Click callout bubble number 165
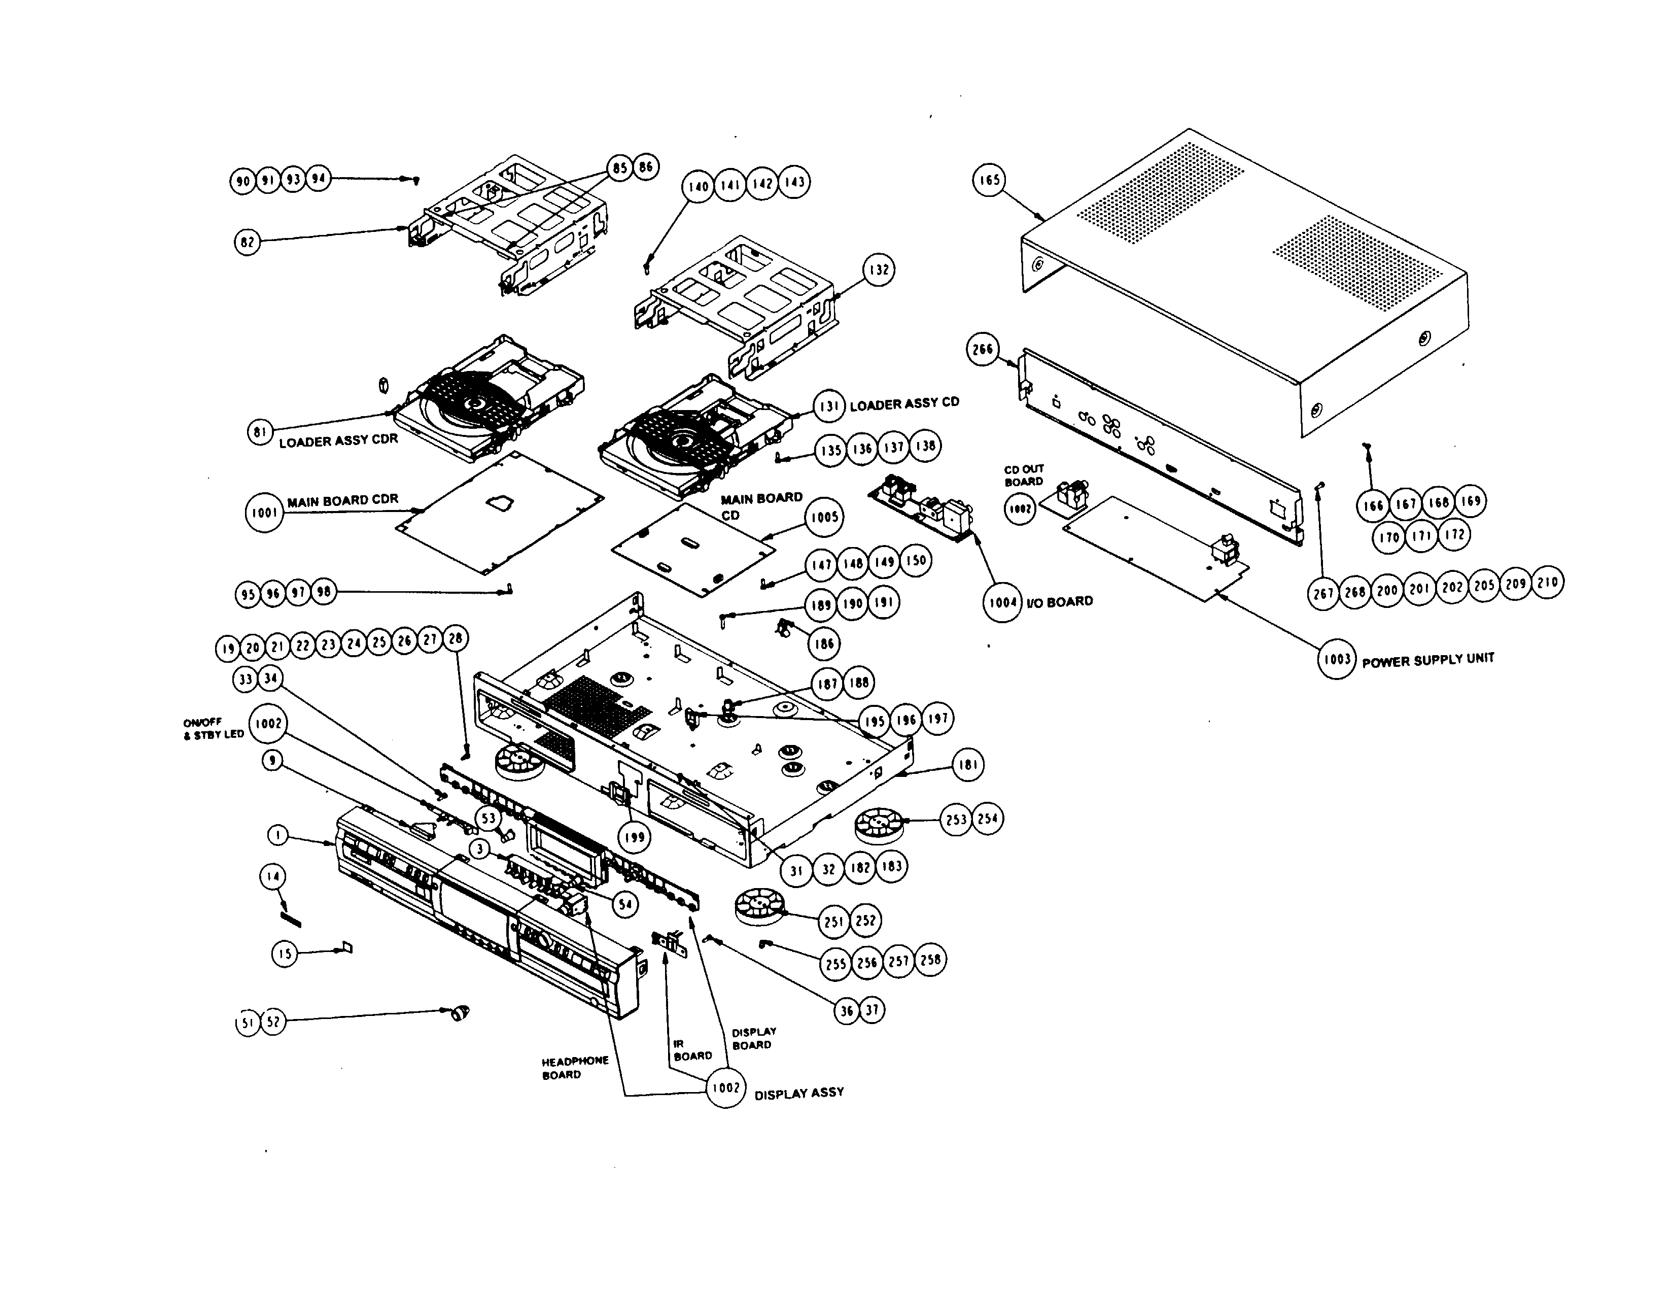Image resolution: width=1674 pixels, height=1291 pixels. (990, 180)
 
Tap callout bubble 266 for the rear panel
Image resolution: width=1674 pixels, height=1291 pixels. (983, 350)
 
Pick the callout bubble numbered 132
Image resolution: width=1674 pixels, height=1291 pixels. (879, 270)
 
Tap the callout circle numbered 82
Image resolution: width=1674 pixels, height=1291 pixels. (247, 242)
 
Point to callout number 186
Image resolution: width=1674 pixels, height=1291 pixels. (824, 643)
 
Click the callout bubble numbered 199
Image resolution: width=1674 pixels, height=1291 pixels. (634, 837)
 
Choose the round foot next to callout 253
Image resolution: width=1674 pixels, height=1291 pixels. (877, 825)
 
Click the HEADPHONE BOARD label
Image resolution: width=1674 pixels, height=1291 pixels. (574, 1068)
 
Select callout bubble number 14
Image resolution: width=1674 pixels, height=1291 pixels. (273, 876)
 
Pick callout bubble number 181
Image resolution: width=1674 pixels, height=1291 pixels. (968, 765)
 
